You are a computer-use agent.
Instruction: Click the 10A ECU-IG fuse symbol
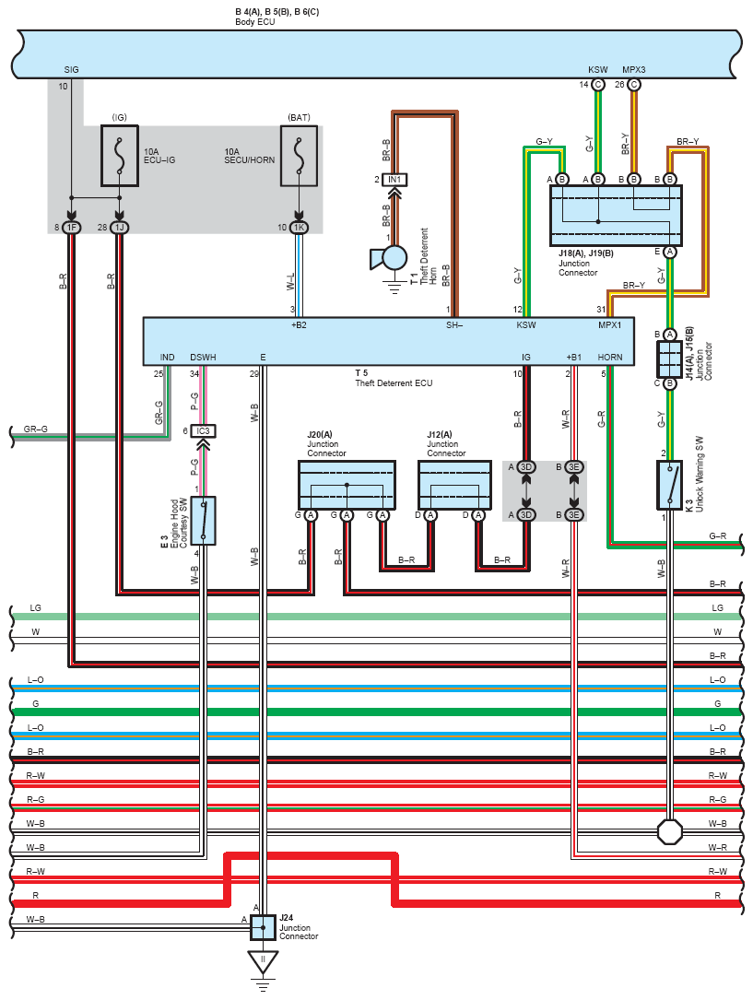(x=120, y=156)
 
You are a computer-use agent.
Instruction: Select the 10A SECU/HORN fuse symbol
(x=299, y=156)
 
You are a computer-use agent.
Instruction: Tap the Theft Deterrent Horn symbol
(x=390, y=258)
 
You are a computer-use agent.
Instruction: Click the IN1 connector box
(x=394, y=180)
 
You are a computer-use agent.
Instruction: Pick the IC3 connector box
(x=203, y=431)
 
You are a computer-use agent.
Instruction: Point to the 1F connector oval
(x=71, y=227)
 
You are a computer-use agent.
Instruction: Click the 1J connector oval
(x=119, y=227)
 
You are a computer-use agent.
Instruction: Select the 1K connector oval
(x=299, y=227)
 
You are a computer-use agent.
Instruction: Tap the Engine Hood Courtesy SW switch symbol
(x=204, y=521)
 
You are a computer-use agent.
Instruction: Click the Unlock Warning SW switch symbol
(x=669, y=485)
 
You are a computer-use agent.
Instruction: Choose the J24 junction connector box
(x=263, y=927)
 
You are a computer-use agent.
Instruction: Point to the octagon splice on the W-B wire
(x=669, y=831)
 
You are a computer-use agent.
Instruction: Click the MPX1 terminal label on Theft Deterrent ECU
(x=609, y=325)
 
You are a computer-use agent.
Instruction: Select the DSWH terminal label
(x=203, y=358)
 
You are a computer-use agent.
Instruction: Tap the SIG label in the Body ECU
(x=71, y=69)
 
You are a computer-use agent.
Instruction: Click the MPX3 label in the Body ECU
(x=634, y=69)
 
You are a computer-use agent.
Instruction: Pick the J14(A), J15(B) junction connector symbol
(x=669, y=359)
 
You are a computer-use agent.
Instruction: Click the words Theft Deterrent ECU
(x=394, y=383)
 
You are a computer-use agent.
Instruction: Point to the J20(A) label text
(x=320, y=435)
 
